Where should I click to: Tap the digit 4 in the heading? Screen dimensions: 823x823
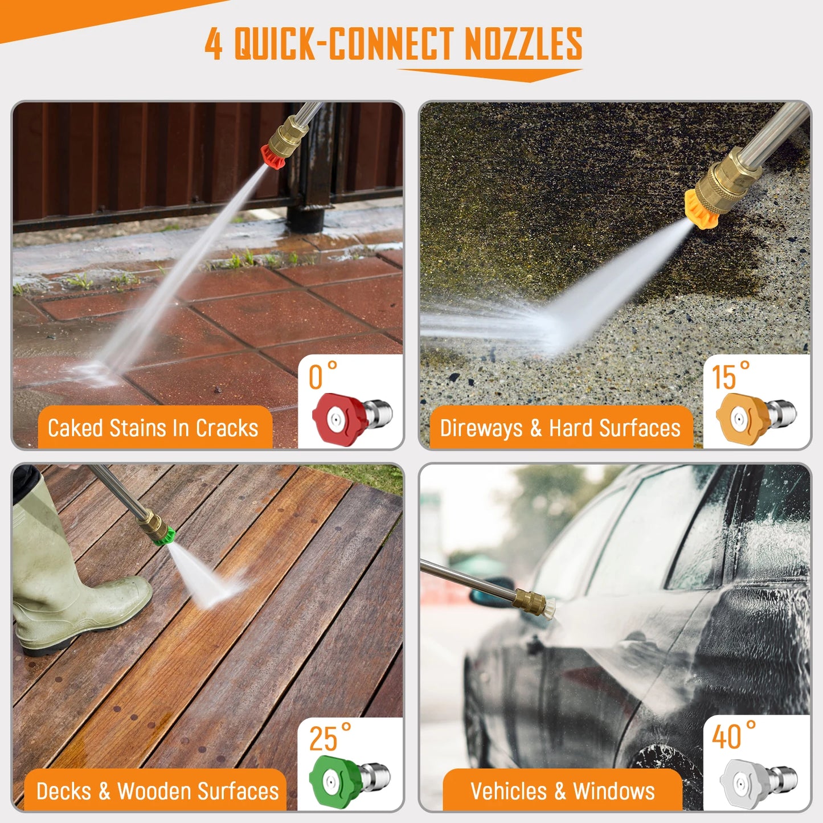tap(214, 44)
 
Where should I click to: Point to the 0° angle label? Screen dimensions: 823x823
tap(322, 376)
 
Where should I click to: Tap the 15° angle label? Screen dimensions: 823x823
tap(730, 376)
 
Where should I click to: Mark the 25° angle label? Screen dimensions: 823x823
tap(329, 738)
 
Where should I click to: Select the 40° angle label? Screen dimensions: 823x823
tap(733, 736)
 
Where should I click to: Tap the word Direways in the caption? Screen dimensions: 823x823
tap(481, 428)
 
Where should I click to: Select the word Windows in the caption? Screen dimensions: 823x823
tap(614, 791)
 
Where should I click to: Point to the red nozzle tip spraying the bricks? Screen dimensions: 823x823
tap(273, 155)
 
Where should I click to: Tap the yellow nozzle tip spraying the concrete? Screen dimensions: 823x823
tap(699, 209)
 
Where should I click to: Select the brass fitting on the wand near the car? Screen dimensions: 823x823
tap(527, 600)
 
